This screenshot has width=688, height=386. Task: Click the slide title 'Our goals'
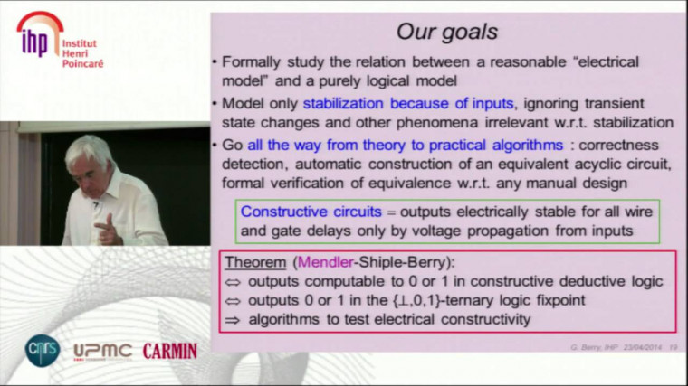tap(446, 33)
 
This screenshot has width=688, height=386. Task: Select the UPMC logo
tap(101, 350)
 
